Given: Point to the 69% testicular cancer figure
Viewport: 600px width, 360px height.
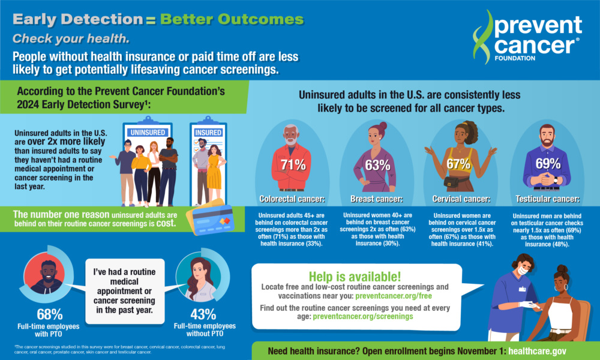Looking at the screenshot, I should pos(548,164).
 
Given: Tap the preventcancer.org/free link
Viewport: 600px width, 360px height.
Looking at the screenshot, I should pos(394,296).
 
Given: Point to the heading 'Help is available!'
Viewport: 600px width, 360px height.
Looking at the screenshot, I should pos(355,277).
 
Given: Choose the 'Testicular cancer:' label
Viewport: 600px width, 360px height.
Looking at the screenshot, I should pos(548,199).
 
